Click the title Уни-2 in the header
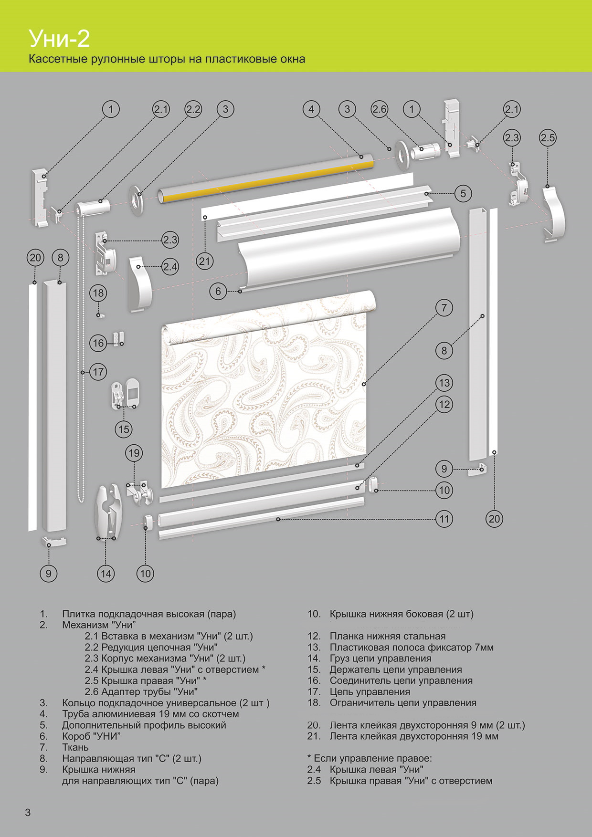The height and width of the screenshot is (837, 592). (59, 39)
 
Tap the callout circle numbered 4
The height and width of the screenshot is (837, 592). (311, 109)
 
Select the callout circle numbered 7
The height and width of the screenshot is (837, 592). (444, 308)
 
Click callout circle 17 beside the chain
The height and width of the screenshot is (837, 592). (98, 372)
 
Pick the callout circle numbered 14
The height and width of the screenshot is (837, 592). (106, 573)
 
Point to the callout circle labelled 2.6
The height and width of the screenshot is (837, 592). (380, 109)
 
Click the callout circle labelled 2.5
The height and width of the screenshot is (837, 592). (548, 138)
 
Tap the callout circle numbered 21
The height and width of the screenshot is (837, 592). (205, 261)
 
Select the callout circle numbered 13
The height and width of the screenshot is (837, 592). (444, 383)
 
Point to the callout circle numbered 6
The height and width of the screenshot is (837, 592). (218, 291)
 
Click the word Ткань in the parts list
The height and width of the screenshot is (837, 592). (75, 747)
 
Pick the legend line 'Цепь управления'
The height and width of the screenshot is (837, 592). (370, 691)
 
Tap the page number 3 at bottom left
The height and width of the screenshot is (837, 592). (28, 812)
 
